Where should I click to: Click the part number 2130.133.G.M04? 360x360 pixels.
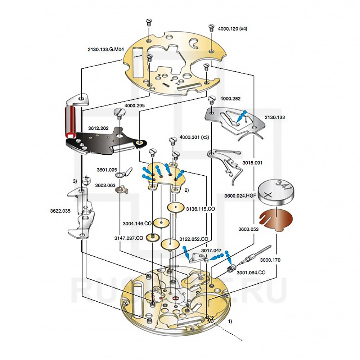click(105, 50)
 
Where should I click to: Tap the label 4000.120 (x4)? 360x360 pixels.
click(233, 29)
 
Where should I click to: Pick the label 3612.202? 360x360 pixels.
click(98, 128)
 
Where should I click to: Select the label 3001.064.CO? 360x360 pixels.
click(251, 273)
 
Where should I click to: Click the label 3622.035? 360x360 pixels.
click(60, 211)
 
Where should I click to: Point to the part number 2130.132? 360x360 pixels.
click(275, 117)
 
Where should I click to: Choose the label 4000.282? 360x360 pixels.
click(230, 98)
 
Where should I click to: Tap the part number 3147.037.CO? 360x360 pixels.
click(129, 238)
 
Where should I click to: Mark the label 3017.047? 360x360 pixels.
click(211, 250)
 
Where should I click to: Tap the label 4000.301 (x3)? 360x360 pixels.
click(194, 137)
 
